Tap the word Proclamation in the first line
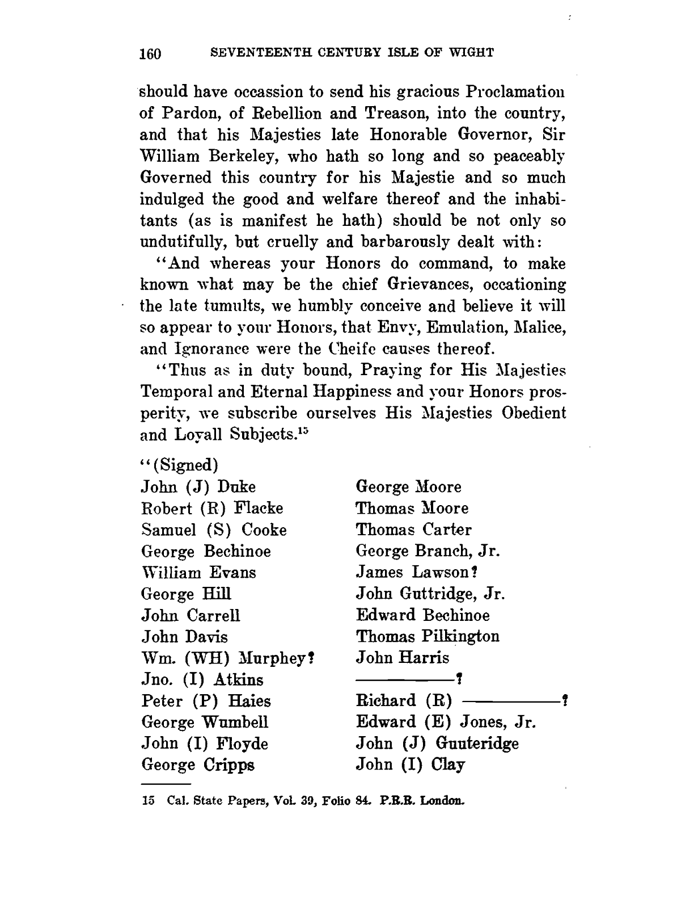coord(515,91)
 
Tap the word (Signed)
coord(183,465)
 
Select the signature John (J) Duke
coord(198,487)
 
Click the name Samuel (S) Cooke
coord(214,530)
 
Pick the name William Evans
coord(198,573)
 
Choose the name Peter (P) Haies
coord(206,701)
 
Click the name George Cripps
coord(198,765)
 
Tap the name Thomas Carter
coord(413,530)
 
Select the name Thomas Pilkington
coord(428,637)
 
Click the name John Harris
coord(403,658)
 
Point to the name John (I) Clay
coord(411,764)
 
